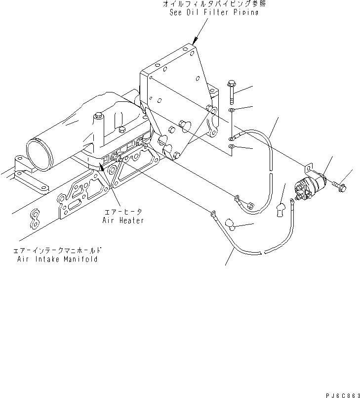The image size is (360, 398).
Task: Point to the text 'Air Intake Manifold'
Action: [57, 259]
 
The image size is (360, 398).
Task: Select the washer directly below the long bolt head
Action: [232, 110]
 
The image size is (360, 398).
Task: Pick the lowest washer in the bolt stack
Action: [232, 147]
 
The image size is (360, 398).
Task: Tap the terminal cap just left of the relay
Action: [282, 210]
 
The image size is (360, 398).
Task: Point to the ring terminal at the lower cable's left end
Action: [213, 214]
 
